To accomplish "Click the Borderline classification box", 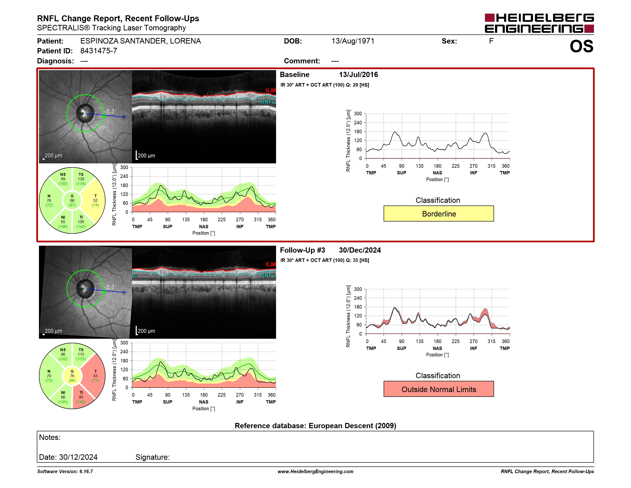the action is tap(438, 214).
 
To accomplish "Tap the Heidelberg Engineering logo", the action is tap(539, 23).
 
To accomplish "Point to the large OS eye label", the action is tap(581, 46).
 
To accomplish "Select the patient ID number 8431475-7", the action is tap(99, 51).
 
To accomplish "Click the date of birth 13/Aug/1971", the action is tap(353, 41).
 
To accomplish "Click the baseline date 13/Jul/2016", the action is tap(358, 75).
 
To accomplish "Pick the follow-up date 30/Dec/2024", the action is tap(360, 250).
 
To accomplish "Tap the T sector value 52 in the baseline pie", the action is tap(95, 200).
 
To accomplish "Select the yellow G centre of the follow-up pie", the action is tap(72, 376).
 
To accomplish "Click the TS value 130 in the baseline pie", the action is tap(81, 179).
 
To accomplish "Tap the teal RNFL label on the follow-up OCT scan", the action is tap(268, 275).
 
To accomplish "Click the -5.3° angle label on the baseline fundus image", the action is tap(110, 111).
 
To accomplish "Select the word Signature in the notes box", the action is tap(152, 457).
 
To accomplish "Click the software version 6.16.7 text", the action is tap(65, 471).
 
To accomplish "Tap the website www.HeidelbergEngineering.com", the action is tap(315, 471).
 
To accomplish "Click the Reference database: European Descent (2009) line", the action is tap(315, 426).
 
